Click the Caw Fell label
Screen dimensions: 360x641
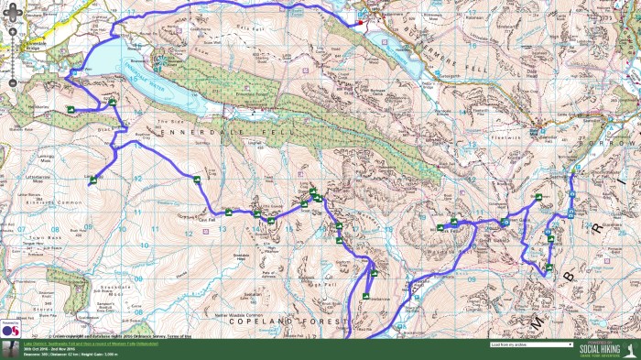206,219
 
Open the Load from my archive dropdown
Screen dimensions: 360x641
531,345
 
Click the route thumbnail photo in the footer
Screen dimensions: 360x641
11,349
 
